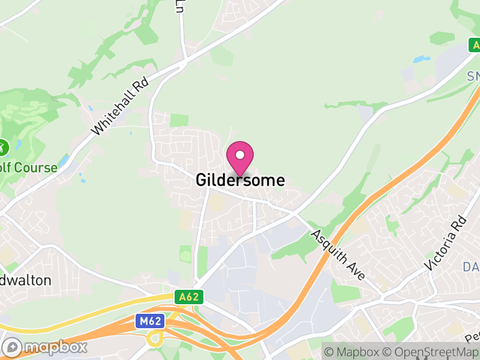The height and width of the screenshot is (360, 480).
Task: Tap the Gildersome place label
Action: (x=240, y=180)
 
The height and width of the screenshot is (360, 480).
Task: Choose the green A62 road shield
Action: (x=190, y=296)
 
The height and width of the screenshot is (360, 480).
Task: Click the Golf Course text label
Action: (x=28, y=167)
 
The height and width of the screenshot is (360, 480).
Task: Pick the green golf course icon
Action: (x=3, y=146)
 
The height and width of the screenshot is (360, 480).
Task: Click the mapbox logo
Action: (x=46, y=347)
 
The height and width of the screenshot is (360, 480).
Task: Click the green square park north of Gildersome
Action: (x=179, y=119)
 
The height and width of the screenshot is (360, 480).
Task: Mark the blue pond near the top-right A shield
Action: (x=422, y=60)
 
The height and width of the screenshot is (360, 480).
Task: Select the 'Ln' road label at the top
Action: (x=179, y=6)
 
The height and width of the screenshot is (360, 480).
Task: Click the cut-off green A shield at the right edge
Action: (x=475, y=45)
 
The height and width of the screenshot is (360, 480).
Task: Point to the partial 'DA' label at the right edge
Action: (x=471, y=266)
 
